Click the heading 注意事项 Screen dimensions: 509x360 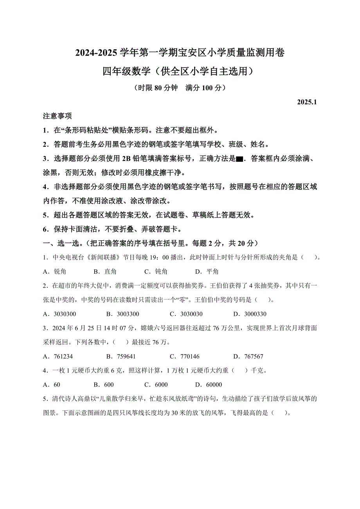point(57,116)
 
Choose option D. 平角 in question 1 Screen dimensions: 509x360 point(207,272)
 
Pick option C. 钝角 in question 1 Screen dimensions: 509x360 point(156,272)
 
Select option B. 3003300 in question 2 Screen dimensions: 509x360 point(123,314)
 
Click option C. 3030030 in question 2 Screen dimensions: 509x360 point(186,314)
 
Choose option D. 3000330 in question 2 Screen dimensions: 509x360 point(250,314)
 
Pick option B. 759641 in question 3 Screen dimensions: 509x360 point(121,356)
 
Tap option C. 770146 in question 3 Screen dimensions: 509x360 point(185,356)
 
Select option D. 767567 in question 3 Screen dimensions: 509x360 point(248,356)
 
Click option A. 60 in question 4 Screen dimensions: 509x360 point(52,384)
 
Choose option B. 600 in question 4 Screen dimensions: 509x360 point(104,384)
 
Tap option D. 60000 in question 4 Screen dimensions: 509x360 point(209,384)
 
